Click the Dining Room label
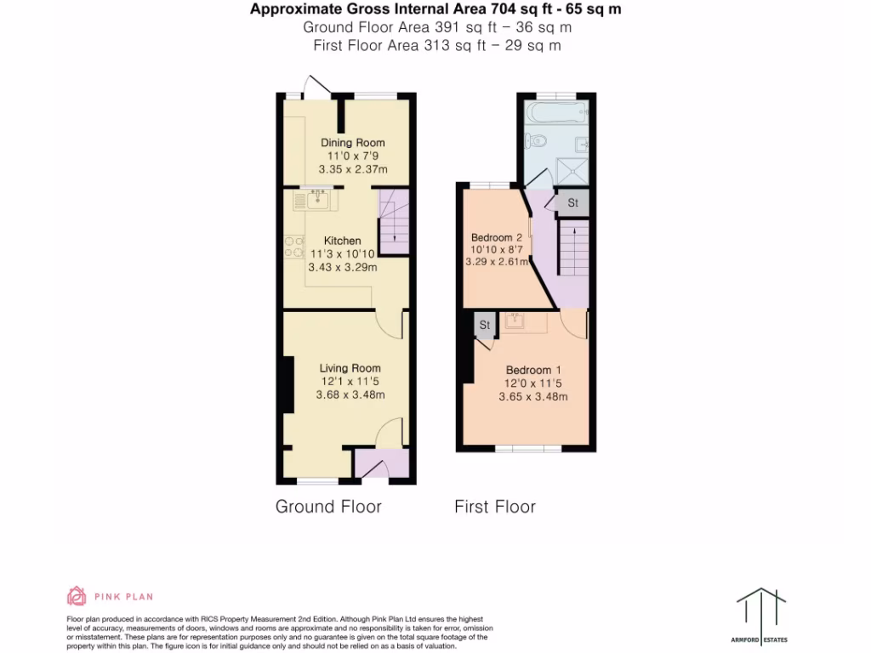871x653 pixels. point(352,143)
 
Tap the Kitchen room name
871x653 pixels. point(342,241)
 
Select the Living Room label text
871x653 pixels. point(350,368)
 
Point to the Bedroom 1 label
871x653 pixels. point(533,370)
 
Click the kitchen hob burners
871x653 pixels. point(294,246)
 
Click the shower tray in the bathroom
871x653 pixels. point(572,168)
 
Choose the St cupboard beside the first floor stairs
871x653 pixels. point(572,203)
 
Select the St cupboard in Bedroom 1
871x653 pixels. point(485,326)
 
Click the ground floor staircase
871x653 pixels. point(393,222)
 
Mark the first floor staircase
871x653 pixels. point(572,250)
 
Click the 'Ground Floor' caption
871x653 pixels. point(328,507)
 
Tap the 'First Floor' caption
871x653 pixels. point(495,507)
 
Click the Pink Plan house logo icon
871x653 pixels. point(77,596)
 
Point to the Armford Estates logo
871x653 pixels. point(761,610)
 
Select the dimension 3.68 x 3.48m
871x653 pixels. point(350,395)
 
